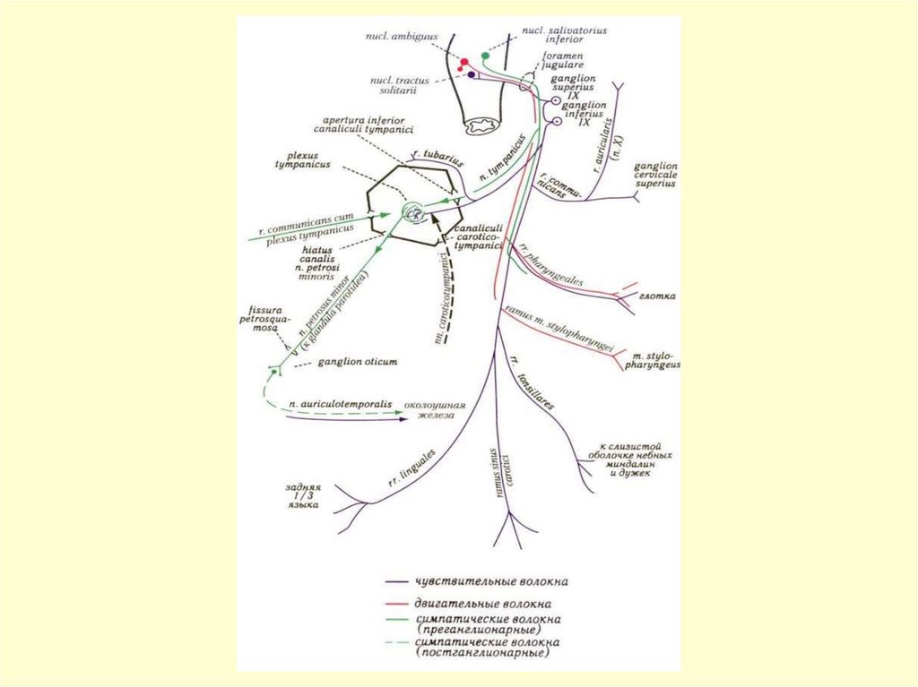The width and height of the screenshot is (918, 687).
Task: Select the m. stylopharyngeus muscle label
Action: pos(656,360)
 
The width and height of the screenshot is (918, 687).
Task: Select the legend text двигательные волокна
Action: pos(482,603)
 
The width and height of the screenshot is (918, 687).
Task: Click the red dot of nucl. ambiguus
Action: pos(464,62)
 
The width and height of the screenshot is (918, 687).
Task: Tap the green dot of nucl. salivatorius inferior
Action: pos(486,56)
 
